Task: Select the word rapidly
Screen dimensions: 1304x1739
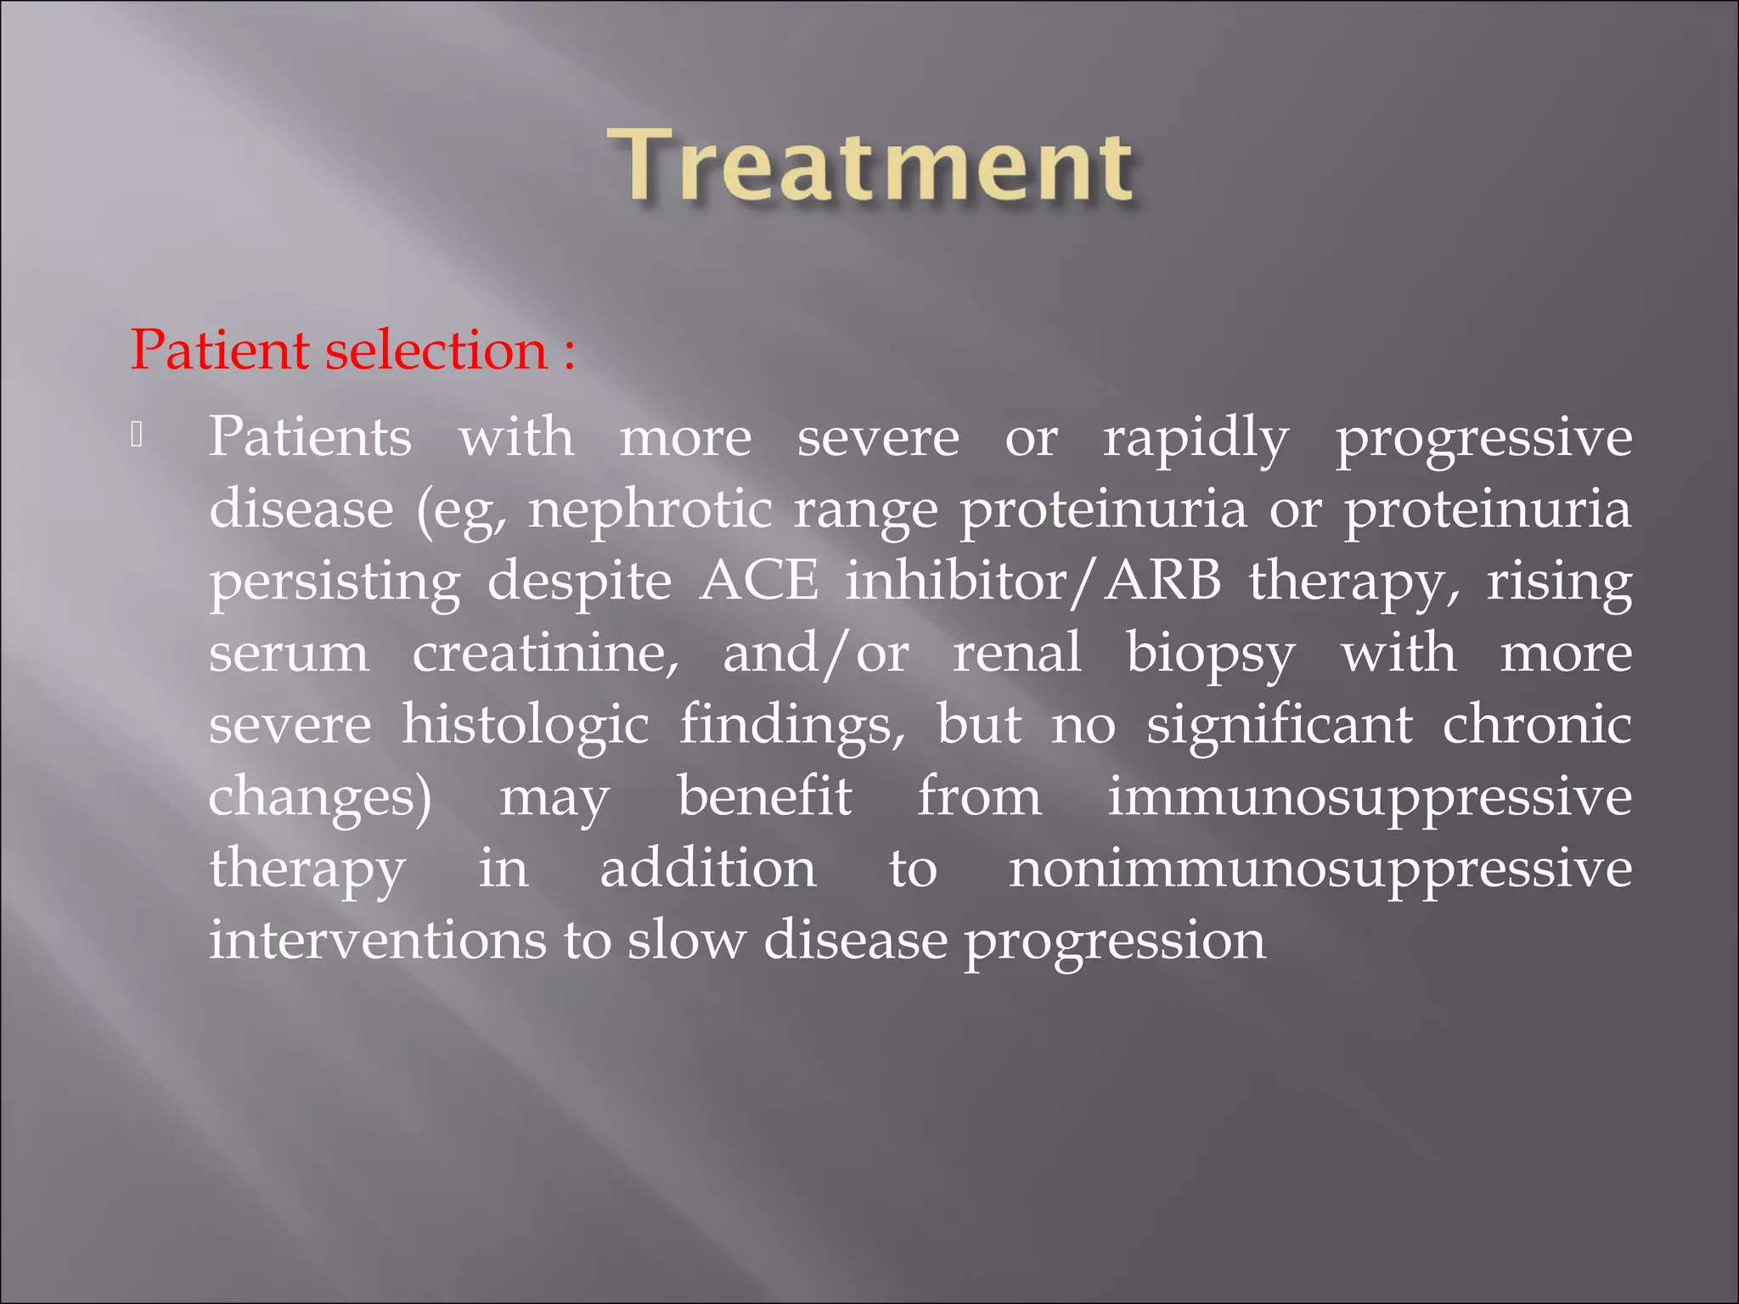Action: (1196, 439)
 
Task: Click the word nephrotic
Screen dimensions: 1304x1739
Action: (650, 510)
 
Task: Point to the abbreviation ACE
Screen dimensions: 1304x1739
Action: (759, 582)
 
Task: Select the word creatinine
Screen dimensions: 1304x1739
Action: (546, 654)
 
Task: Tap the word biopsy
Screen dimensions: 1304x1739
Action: (1210, 655)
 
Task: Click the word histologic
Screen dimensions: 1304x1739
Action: (525, 726)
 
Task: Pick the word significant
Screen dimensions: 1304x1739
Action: (1279, 726)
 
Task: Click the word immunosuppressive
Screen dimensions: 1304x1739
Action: (1369, 798)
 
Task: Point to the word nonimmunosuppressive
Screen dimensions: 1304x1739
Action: (1320, 870)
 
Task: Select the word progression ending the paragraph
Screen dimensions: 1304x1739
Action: (1114, 942)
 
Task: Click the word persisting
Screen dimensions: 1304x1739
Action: (335, 583)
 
